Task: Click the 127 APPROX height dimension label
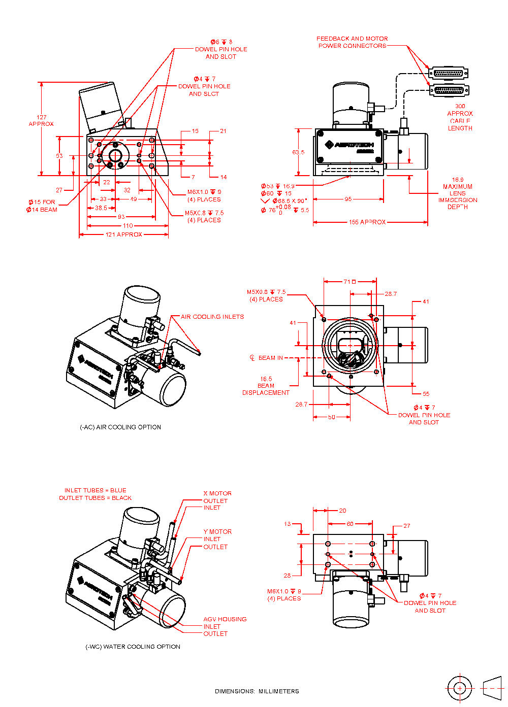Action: click(x=41, y=120)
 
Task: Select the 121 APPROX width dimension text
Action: click(x=123, y=234)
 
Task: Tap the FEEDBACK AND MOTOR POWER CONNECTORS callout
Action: click(x=352, y=42)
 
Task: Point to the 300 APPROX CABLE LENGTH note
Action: click(x=460, y=117)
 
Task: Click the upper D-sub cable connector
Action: click(x=448, y=73)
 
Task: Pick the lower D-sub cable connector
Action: click(x=449, y=91)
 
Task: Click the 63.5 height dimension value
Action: click(x=298, y=152)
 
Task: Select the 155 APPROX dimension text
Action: click(x=367, y=222)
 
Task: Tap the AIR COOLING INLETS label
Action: click(x=212, y=317)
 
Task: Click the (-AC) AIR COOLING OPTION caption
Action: click(x=120, y=427)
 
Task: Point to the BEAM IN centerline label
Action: click(x=270, y=358)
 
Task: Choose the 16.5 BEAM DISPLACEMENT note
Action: click(x=266, y=386)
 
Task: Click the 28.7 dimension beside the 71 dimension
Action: click(x=391, y=294)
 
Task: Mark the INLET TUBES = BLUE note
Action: click(x=96, y=490)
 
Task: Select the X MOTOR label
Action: click(x=217, y=493)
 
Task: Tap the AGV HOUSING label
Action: click(x=225, y=619)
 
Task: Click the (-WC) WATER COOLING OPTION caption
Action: click(x=133, y=647)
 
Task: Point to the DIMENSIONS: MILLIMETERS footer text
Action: click(x=257, y=691)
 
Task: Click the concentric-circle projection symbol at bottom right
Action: click(x=460, y=688)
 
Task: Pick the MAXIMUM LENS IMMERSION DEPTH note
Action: click(x=458, y=193)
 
